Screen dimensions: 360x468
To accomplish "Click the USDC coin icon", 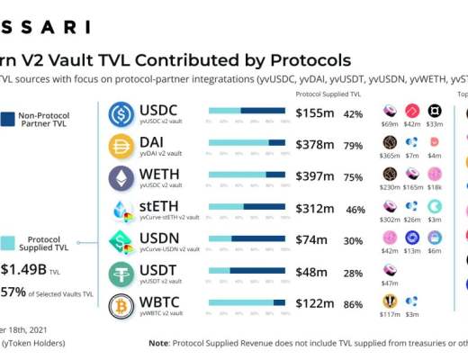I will coord(121,114).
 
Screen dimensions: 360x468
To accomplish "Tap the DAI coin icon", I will coord(121,146).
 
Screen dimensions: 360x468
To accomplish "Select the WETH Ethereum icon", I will coord(121,177).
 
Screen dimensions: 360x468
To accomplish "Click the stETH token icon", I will coord(121,210).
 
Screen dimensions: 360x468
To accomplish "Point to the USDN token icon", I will coord(121,241).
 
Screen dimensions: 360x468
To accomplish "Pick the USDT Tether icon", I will coord(121,274).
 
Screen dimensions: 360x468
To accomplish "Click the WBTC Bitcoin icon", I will coord(121,305).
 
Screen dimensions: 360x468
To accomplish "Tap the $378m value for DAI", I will coord(315,146).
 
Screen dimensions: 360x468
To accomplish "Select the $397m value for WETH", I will coord(315,177).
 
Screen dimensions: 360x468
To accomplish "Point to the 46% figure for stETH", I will coord(355,210).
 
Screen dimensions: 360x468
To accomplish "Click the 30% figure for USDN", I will coord(354,241).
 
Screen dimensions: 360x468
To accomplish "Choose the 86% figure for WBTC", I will coord(354,305).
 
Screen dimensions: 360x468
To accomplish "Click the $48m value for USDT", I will coord(311,274).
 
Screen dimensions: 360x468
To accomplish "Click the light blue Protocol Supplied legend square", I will coord(7,242).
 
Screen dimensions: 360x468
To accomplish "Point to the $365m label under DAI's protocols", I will coord(390,156).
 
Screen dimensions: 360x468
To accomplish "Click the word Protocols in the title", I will coord(301,60).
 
